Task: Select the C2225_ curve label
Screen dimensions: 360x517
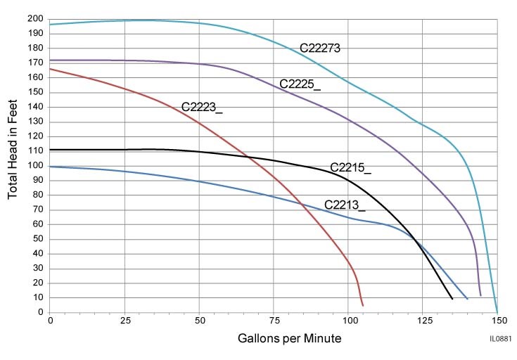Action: pos(300,84)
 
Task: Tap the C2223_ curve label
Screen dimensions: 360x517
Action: pos(202,107)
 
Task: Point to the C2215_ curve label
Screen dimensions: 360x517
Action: pos(350,168)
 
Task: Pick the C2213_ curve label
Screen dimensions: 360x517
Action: pos(345,205)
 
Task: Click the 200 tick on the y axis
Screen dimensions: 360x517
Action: pos(37,18)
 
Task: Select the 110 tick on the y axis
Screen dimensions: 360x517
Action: pos(37,150)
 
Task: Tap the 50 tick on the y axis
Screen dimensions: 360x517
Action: pos(39,239)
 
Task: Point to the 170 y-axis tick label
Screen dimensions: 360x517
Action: pos(37,63)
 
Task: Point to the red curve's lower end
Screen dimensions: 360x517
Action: pos(363,305)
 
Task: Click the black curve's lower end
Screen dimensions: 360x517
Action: pos(452,299)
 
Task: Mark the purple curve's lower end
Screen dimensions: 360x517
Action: pos(480,295)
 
